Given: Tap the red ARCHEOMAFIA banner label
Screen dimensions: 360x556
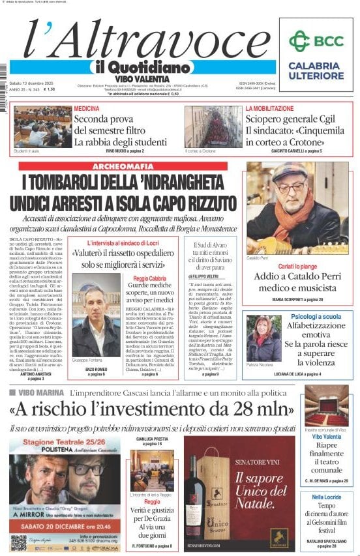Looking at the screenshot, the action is pyautogui.click(x=123, y=167).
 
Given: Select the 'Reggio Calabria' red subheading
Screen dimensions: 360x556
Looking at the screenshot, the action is pyautogui.click(x=149, y=278).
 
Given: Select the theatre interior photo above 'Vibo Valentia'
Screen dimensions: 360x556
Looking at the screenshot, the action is pyautogui.click(x=326, y=405).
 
